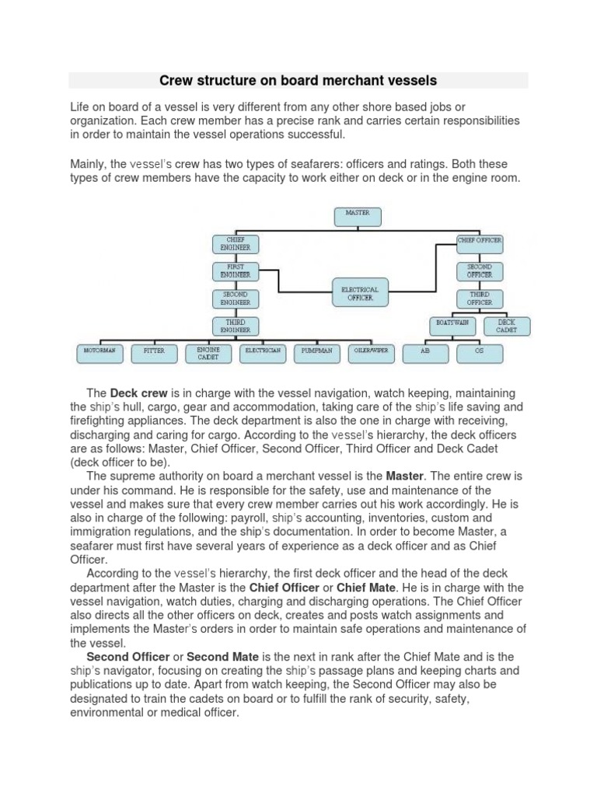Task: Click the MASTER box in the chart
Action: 357,216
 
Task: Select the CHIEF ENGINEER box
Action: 235,244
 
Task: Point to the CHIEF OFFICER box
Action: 480,242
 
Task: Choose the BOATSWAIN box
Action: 453,326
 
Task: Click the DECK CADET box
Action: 506,326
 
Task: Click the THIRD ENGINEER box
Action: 235,326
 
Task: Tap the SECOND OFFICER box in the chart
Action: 480,271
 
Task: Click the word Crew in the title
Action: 175,80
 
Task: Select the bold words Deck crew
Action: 136,394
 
